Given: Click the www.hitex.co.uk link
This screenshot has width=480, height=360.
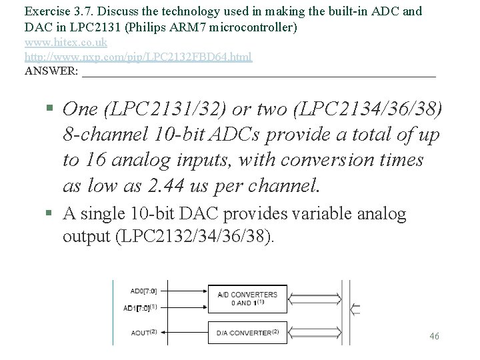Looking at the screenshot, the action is pyautogui.click(x=65, y=42).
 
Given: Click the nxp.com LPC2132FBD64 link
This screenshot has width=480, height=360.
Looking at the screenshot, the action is pyautogui.click(x=138, y=57).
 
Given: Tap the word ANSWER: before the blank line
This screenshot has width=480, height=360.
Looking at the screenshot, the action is pyautogui.click(x=51, y=71).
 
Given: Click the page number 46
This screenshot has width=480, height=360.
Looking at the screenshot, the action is pyautogui.click(x=434, y=336).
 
